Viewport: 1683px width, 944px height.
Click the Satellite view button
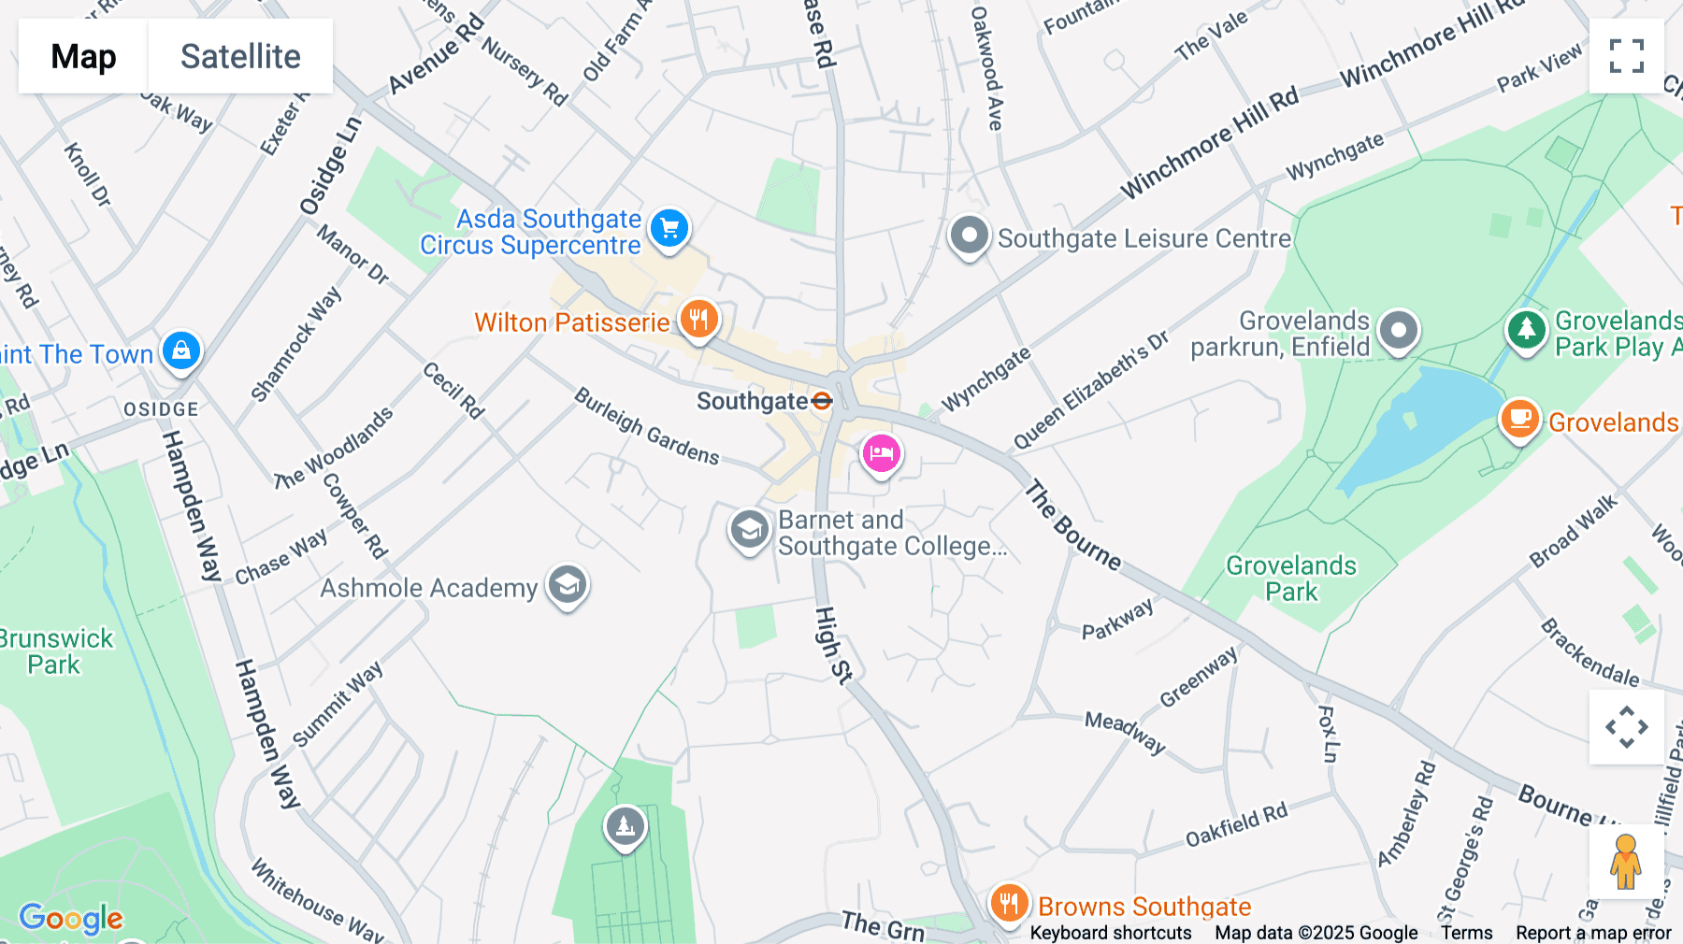(x=240, y=56)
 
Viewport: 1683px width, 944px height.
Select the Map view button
(x=83, y=56)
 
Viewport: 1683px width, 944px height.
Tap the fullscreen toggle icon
(x=1626, y=56)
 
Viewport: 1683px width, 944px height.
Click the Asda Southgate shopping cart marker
(x=669, y=227)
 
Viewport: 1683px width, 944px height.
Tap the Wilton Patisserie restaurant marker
(x=698, y=320)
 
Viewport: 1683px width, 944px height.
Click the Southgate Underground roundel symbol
(x=822, y=401)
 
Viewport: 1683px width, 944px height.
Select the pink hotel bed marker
(x=881, y=454)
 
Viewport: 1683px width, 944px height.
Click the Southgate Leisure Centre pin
(x=969, y=236)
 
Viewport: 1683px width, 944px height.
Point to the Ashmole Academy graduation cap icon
(x=568, y=585)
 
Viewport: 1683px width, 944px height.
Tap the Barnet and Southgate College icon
(x=749, y=530)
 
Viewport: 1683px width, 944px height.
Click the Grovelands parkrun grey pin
(x=1399, y=330)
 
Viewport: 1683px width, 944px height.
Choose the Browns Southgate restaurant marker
(x=1009, y=904)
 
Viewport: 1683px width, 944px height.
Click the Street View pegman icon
(x=1626, y=862)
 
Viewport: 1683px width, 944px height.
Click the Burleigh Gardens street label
(x=646, y=426)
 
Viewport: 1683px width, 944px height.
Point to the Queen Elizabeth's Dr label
(x=1091, y=390)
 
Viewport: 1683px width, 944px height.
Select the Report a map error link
(x=1593, y=933)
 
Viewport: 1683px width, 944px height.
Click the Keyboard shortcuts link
(x=1111, y=933)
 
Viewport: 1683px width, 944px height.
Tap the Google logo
(x=71, y=918)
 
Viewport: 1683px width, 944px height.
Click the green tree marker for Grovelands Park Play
(x=1526, y=329)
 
